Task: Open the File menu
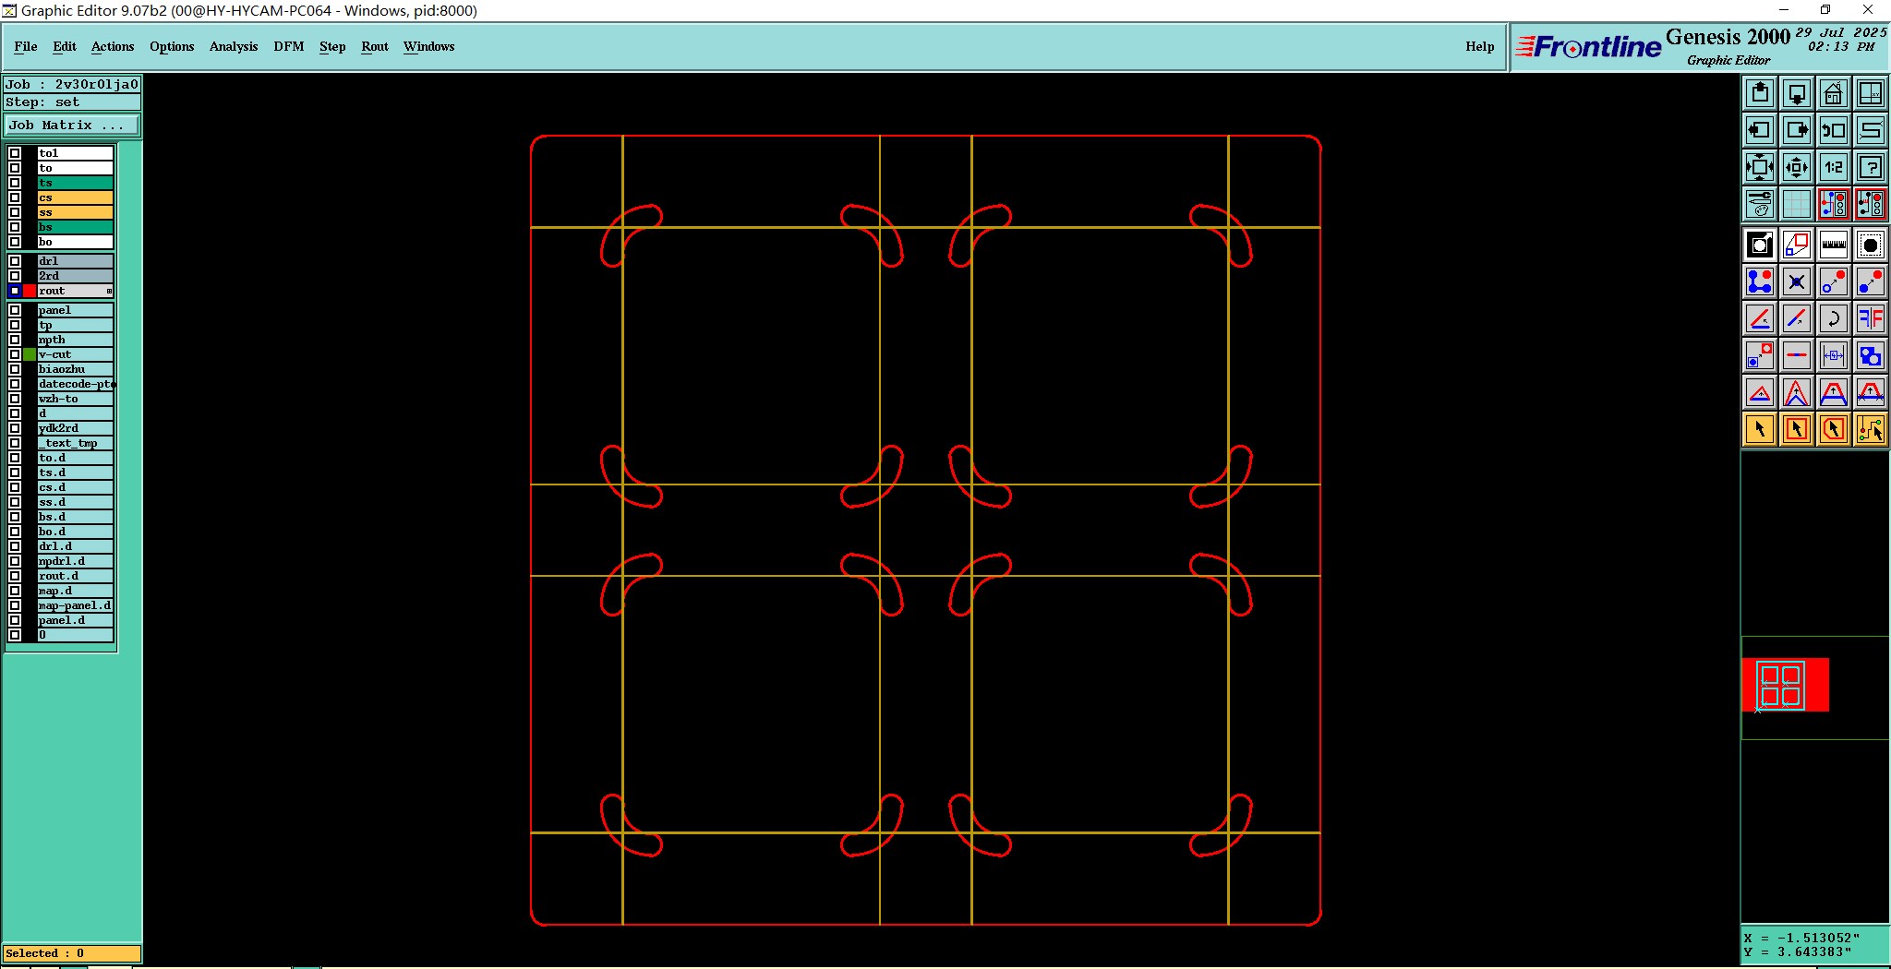pyautogui.click(x=26, y=46)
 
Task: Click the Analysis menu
pyautogui.click(x=234, y=46)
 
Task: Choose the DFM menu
pyautogui.click(x=289, y=46)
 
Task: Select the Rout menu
pyautogui.click(x=375, y=46)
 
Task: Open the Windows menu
pyautogui.click(x=429, y=46)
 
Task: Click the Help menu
pyautogui.click(x=1480, y=46)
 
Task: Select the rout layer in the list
pyautogui.click(x=74, y=291)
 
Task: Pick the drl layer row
pyautogui.click(x=74, y=261)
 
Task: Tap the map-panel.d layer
pyautogui.click(x=74, y=605)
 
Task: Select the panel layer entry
pyautogui.click(x=74, y=310)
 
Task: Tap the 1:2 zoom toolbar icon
pyautogui.click(x=1834, y=167)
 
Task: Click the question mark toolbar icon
pyautogui.click(x=1871, y=167)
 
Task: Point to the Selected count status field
pyautogui.click(x=72, y=953)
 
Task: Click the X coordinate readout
pyautogui.click(x=1801, y=938)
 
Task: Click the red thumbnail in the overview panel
pyautogui.click(x=1785, y=685)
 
